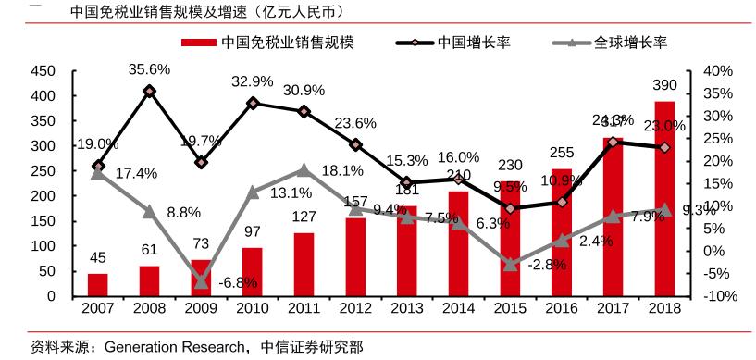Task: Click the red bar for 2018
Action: click(664, 199)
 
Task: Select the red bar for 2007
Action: click(98, 285)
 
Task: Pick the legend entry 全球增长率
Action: click(631, 43)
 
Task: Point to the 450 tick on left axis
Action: click(43, 71)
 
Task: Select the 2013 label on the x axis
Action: click(407, 308)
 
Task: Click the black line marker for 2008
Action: click(150, 91)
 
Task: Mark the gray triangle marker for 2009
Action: click(201, 281)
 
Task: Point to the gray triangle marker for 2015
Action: click(510, 264)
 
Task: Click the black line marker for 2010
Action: click(253, 103)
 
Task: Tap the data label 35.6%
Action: click(149, 68)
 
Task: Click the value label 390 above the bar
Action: click(664, 86)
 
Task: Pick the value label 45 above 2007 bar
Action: click(98, 257)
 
